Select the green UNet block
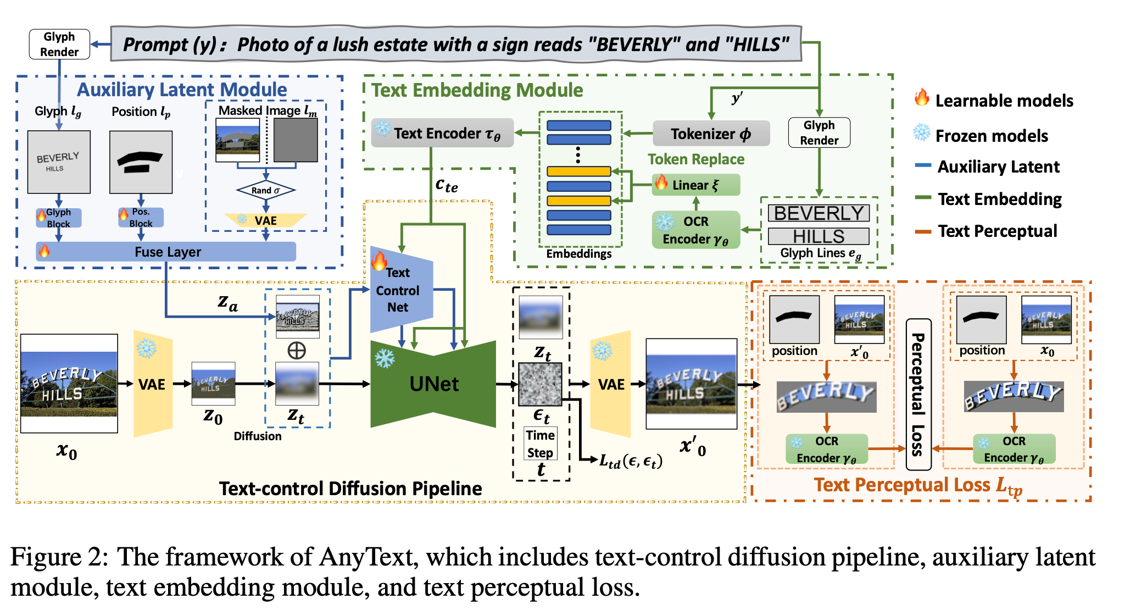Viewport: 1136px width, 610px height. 433,384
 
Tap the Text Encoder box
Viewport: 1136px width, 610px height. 442,133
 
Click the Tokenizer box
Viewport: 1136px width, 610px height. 711,134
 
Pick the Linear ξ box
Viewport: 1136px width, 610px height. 696,185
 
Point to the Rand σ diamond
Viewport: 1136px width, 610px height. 266,190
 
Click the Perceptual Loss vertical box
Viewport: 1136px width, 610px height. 918,394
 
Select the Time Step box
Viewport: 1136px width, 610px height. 540,443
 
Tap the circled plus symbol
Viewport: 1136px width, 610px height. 297,350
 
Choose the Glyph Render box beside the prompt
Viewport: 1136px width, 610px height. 59,44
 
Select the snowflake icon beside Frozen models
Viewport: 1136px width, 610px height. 921,133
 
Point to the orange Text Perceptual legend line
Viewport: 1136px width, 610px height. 923,231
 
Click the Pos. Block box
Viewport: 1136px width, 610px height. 141,218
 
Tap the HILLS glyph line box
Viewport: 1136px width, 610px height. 818,236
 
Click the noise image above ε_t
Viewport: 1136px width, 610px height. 540,384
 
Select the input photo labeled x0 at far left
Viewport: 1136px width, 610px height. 69,384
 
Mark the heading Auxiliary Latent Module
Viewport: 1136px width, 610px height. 181,90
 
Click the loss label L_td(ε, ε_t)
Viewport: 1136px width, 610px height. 631,461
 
